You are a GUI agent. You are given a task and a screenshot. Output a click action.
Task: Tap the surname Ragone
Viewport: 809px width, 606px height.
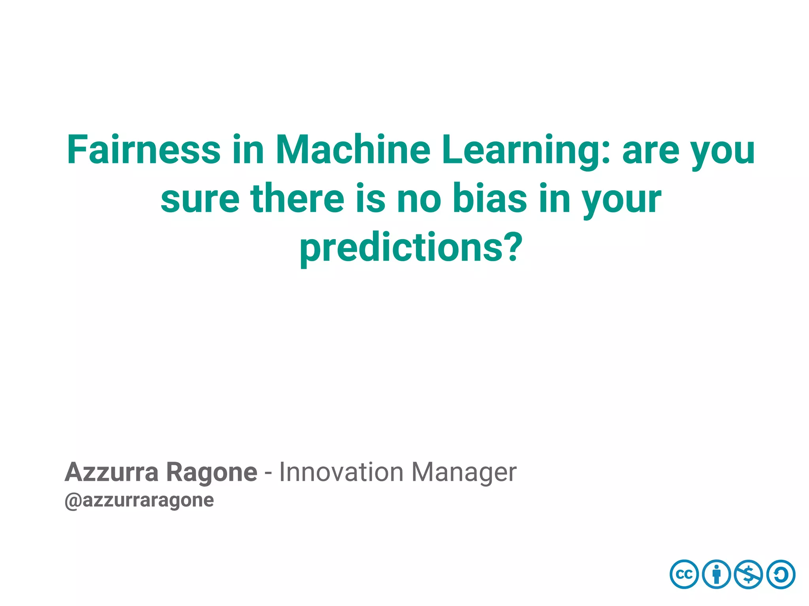click(x=211, y=473)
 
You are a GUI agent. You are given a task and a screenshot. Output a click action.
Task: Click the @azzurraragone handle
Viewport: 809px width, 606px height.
click(x=139, y=501)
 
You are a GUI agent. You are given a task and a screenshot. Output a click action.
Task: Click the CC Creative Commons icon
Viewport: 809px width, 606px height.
click(x=684, y=574)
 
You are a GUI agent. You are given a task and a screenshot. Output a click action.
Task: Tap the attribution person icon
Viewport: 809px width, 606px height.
click(x=717, y=574)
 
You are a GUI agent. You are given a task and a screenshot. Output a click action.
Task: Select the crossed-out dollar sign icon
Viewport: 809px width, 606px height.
click(x=749, y=574)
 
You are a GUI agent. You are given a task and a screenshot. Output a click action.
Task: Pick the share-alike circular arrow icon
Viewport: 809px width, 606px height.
click(x=781, y=574)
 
